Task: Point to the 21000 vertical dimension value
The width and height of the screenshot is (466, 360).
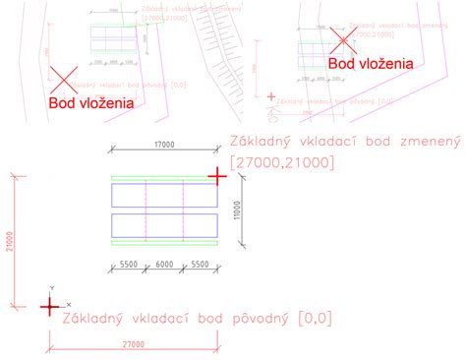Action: click(11, 242)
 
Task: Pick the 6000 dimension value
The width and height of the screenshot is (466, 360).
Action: click(164, 266)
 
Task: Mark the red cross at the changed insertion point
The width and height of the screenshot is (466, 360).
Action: click(217, 174)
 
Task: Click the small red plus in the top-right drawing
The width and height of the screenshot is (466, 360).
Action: click(271, 96)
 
